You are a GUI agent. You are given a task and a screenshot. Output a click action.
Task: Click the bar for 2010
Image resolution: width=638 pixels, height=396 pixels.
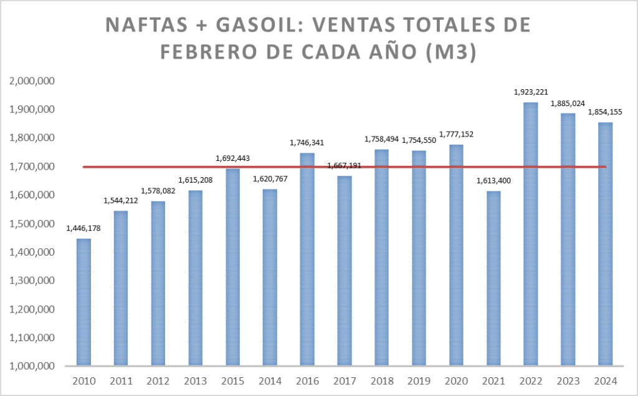click(83, 302)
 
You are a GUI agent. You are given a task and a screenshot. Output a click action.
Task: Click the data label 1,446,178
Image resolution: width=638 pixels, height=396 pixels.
click(83, 228)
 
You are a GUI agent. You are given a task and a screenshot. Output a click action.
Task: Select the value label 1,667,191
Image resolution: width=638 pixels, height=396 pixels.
click(345, 166)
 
